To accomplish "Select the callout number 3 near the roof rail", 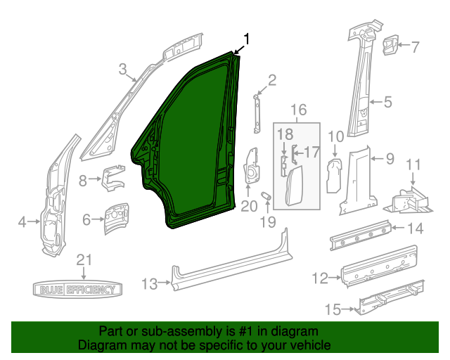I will (122, 69).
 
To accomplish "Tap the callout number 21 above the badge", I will (84, 259).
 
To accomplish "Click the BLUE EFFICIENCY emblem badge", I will (78, 289).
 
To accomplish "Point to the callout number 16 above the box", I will (299, 110).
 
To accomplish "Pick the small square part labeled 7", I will (388, 47).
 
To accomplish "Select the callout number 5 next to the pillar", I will (387, 103).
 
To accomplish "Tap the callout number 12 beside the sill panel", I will (320, 279).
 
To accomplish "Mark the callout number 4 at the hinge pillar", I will (21, 223).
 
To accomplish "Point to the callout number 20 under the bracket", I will (249, 206).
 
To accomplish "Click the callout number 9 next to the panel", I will (390, 159).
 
